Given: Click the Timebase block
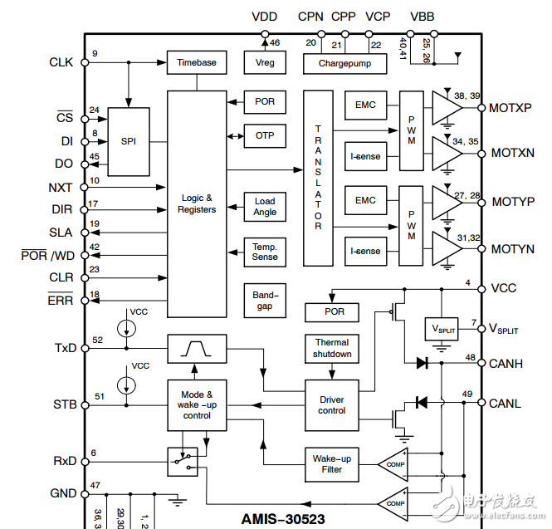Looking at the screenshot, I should pos(197,62).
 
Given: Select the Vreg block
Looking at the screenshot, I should pos(265,62).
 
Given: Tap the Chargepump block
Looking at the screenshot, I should pos(344,63).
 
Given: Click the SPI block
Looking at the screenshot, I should pos(129,141).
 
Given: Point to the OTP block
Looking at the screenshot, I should pos(265,135).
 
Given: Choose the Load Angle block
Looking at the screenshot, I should pos(265,206).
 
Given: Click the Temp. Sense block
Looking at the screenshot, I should pos(265,252).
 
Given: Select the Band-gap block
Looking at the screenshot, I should pos(265,300).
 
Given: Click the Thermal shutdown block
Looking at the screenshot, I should pos(332,348).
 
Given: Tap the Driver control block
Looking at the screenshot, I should pos(332,404).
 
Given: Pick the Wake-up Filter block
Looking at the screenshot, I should pos(332,463).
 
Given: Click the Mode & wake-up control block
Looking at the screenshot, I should pos(197,404).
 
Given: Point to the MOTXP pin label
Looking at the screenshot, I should pos(510,108).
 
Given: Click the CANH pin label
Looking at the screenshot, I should pos(506,363).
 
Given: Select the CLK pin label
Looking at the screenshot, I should pos(61,62).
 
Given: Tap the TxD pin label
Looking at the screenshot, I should pos(64,348).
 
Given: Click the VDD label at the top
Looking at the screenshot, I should pos(264,17).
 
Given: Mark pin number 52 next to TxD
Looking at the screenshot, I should pos(98,340).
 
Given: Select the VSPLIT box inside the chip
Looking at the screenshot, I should pos(440,328).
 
